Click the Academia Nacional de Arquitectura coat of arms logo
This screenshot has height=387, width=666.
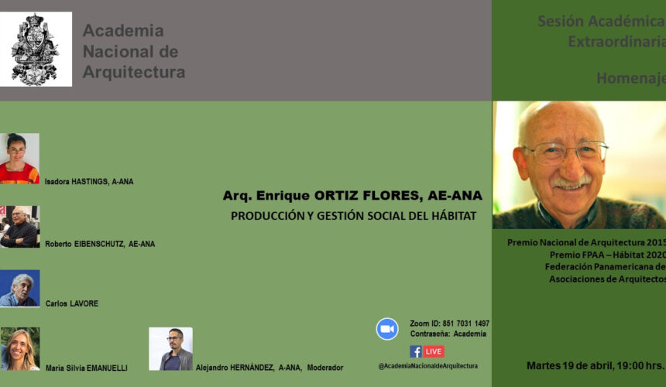click(x=36, y=50)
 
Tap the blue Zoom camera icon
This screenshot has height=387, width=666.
click(x=387, y=329)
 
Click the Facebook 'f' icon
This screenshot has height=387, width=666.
click(x=416, y=351)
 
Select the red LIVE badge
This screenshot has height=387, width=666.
click(x=434, y=351)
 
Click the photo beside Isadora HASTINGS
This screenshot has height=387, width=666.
click(x=19, y=159)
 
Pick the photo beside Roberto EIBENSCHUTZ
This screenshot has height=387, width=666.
click(x=19, y=227)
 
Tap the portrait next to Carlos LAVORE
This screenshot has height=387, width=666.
click(x=19, y=288)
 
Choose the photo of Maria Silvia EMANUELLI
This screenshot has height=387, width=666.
click(x=20, y=349)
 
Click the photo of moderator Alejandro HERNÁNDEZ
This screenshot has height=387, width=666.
click(x=170, y=349)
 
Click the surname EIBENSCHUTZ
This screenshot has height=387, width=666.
click(x=99, y=244)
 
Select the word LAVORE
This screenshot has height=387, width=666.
click(x=84, y=303)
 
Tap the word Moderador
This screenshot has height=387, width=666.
click(x=325, y=368)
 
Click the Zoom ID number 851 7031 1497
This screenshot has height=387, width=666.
click(x=466, y=324)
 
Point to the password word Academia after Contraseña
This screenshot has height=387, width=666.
click(x=469, y=334)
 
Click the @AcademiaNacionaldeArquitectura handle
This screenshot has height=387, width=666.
click(x=428, y=366)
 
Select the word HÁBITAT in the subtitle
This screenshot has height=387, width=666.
click(x=454, y=216)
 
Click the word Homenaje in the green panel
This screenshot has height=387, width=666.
click(x=631, y=78)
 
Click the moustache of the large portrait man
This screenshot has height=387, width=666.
click(x=571, y=182)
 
